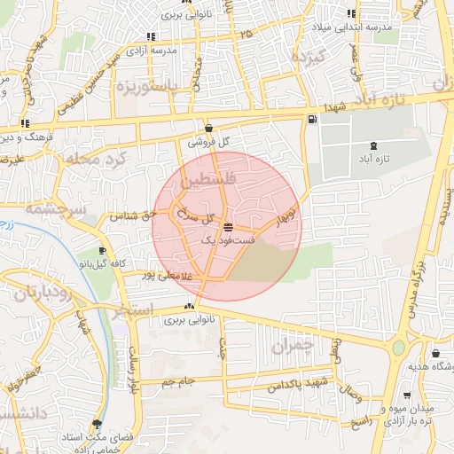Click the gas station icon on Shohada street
click(x=311, y=121)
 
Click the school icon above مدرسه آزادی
click(x=151, y=37)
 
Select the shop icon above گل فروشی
click(x=208, y=128)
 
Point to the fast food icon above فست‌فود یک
click(x=229, y=227)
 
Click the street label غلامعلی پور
click(x=162, y=275)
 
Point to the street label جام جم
click(x=177, y=382)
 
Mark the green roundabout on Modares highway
click(x=399, y=347)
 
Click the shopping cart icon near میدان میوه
click(x=407, y=395)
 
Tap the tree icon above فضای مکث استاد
click(x=97, y=425)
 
